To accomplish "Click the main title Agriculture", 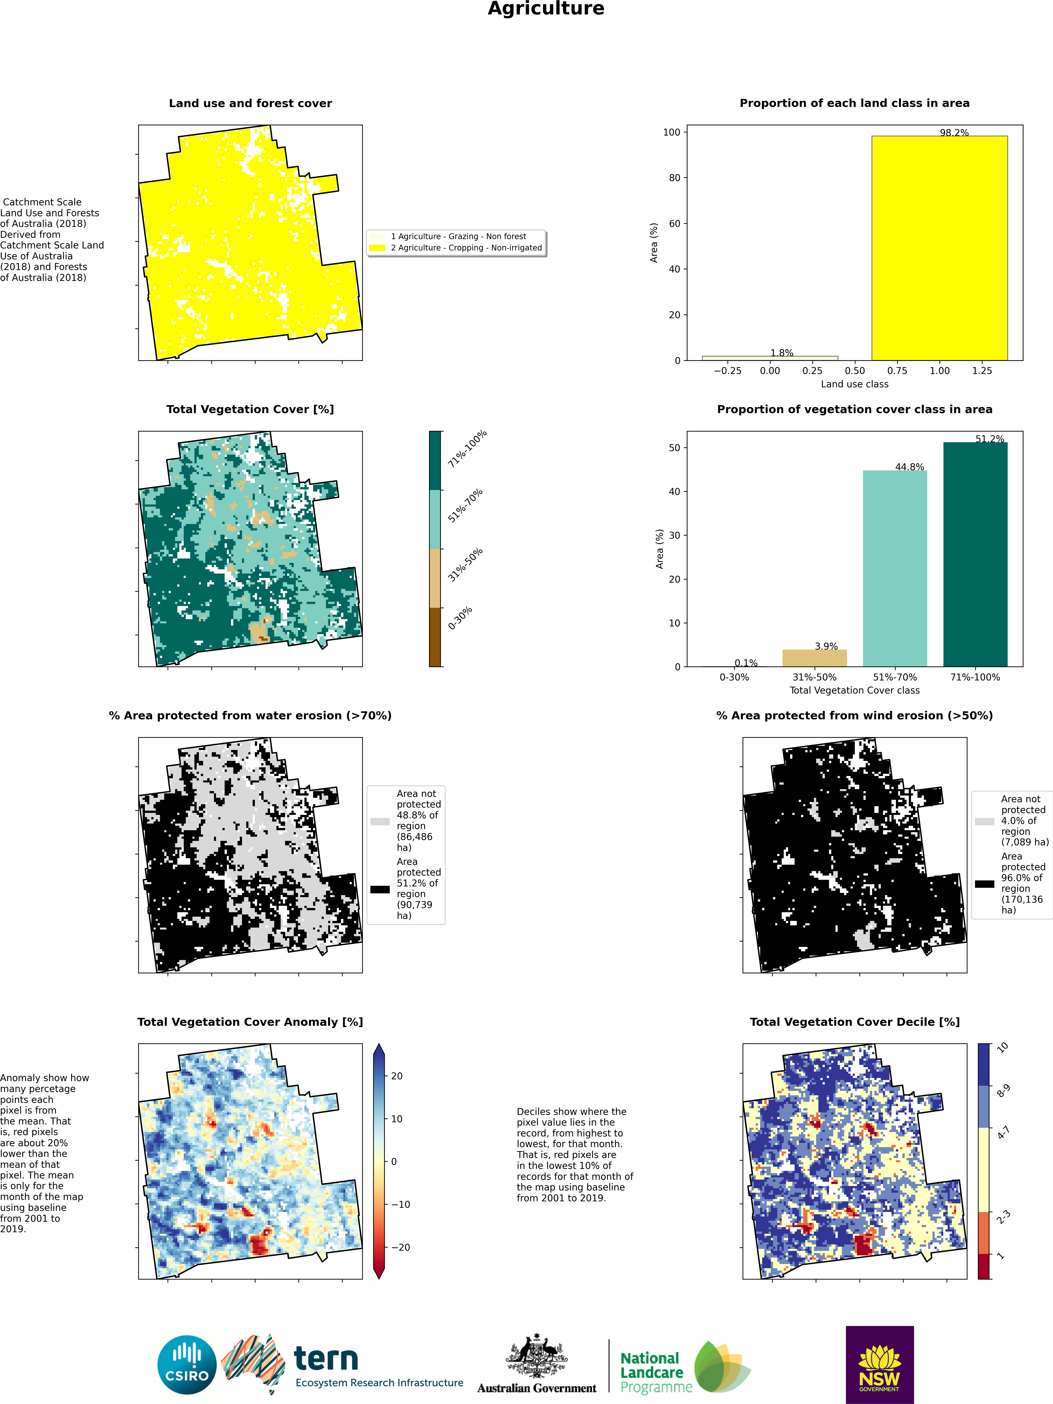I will point(546,9).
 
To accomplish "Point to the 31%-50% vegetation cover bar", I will point(814,658).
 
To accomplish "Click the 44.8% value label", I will point(909,467).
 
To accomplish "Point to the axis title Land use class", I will point(854,384).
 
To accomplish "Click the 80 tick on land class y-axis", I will point(674,178).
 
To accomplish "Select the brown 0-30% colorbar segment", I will point(435,637).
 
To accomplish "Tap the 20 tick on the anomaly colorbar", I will point(397,1076).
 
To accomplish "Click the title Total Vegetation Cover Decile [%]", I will point(854,1022).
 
